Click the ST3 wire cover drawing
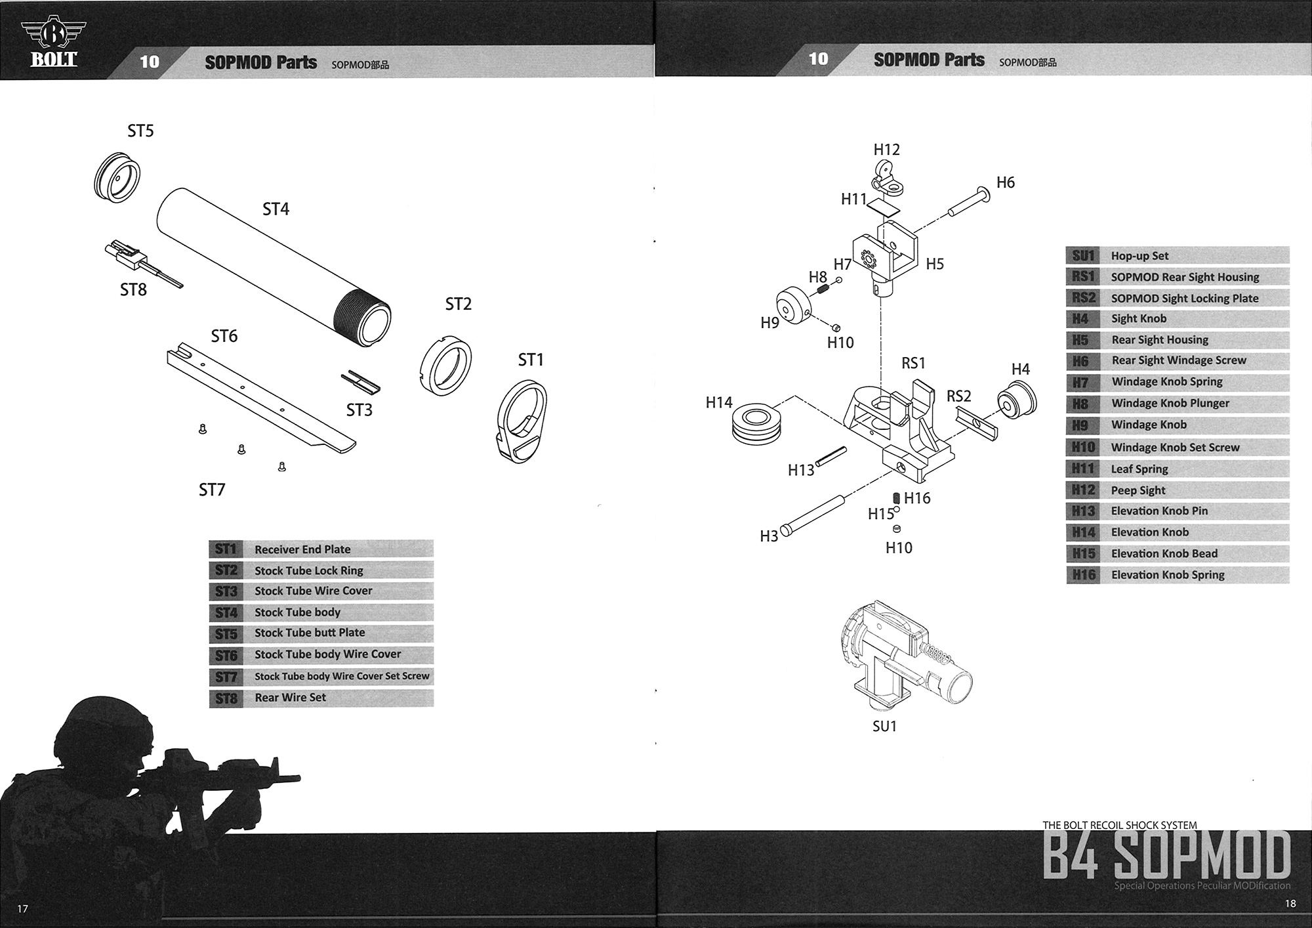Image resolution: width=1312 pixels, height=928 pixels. pyautogui.click(x=361, y=383)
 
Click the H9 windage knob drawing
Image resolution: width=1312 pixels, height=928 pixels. pyautogui.click(x=794, y=307)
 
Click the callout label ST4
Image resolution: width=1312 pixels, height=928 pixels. pyautogui.click(x=276, y=209)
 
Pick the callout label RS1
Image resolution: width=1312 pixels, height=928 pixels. pyautogui.click(x=913, y=364)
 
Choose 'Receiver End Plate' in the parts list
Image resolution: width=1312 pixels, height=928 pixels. pyautogui.click(x=302, y=549)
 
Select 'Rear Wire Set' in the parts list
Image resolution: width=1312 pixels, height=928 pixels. pyautogui.click(x=290, y=698)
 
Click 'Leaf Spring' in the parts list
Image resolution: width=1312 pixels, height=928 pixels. pyautogui.click(x=1139, y=469)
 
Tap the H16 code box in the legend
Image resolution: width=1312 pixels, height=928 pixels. pyautogui.click(x=1084, y=575)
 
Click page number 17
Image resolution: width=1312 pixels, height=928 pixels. pyautogui.click(x=23, y=909)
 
